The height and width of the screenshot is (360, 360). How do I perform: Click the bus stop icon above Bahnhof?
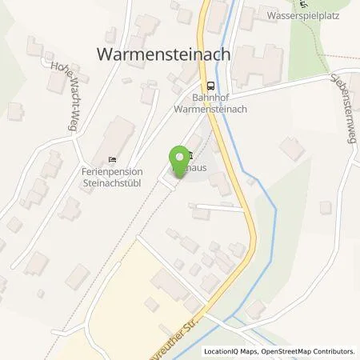pos(210,86)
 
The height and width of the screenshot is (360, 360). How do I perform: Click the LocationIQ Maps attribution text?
pos(233,351)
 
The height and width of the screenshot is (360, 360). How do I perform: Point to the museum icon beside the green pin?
pos(190,156)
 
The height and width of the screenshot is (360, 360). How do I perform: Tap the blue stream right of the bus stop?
pos(227,80)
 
